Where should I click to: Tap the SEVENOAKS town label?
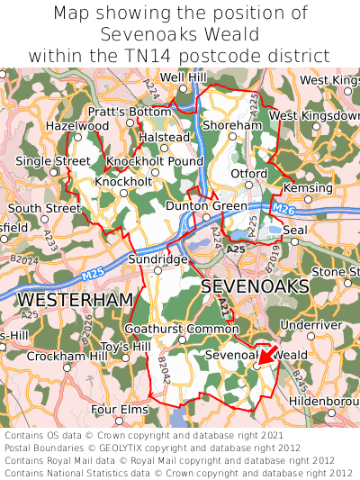[255, 286]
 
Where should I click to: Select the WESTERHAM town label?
[75, 298]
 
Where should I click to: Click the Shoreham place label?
[232, 126]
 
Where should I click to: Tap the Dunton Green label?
[207, 206]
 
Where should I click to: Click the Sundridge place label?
[157, 258]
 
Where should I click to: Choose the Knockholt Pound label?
[155, 161]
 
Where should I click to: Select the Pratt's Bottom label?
[129, 112]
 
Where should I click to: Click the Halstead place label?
[164, 137]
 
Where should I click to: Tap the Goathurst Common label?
[182, 329]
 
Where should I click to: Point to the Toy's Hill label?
[126, 347]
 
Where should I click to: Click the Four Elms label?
[119, 410]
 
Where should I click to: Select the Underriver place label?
[311, 324]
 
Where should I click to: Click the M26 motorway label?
[283, 210]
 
